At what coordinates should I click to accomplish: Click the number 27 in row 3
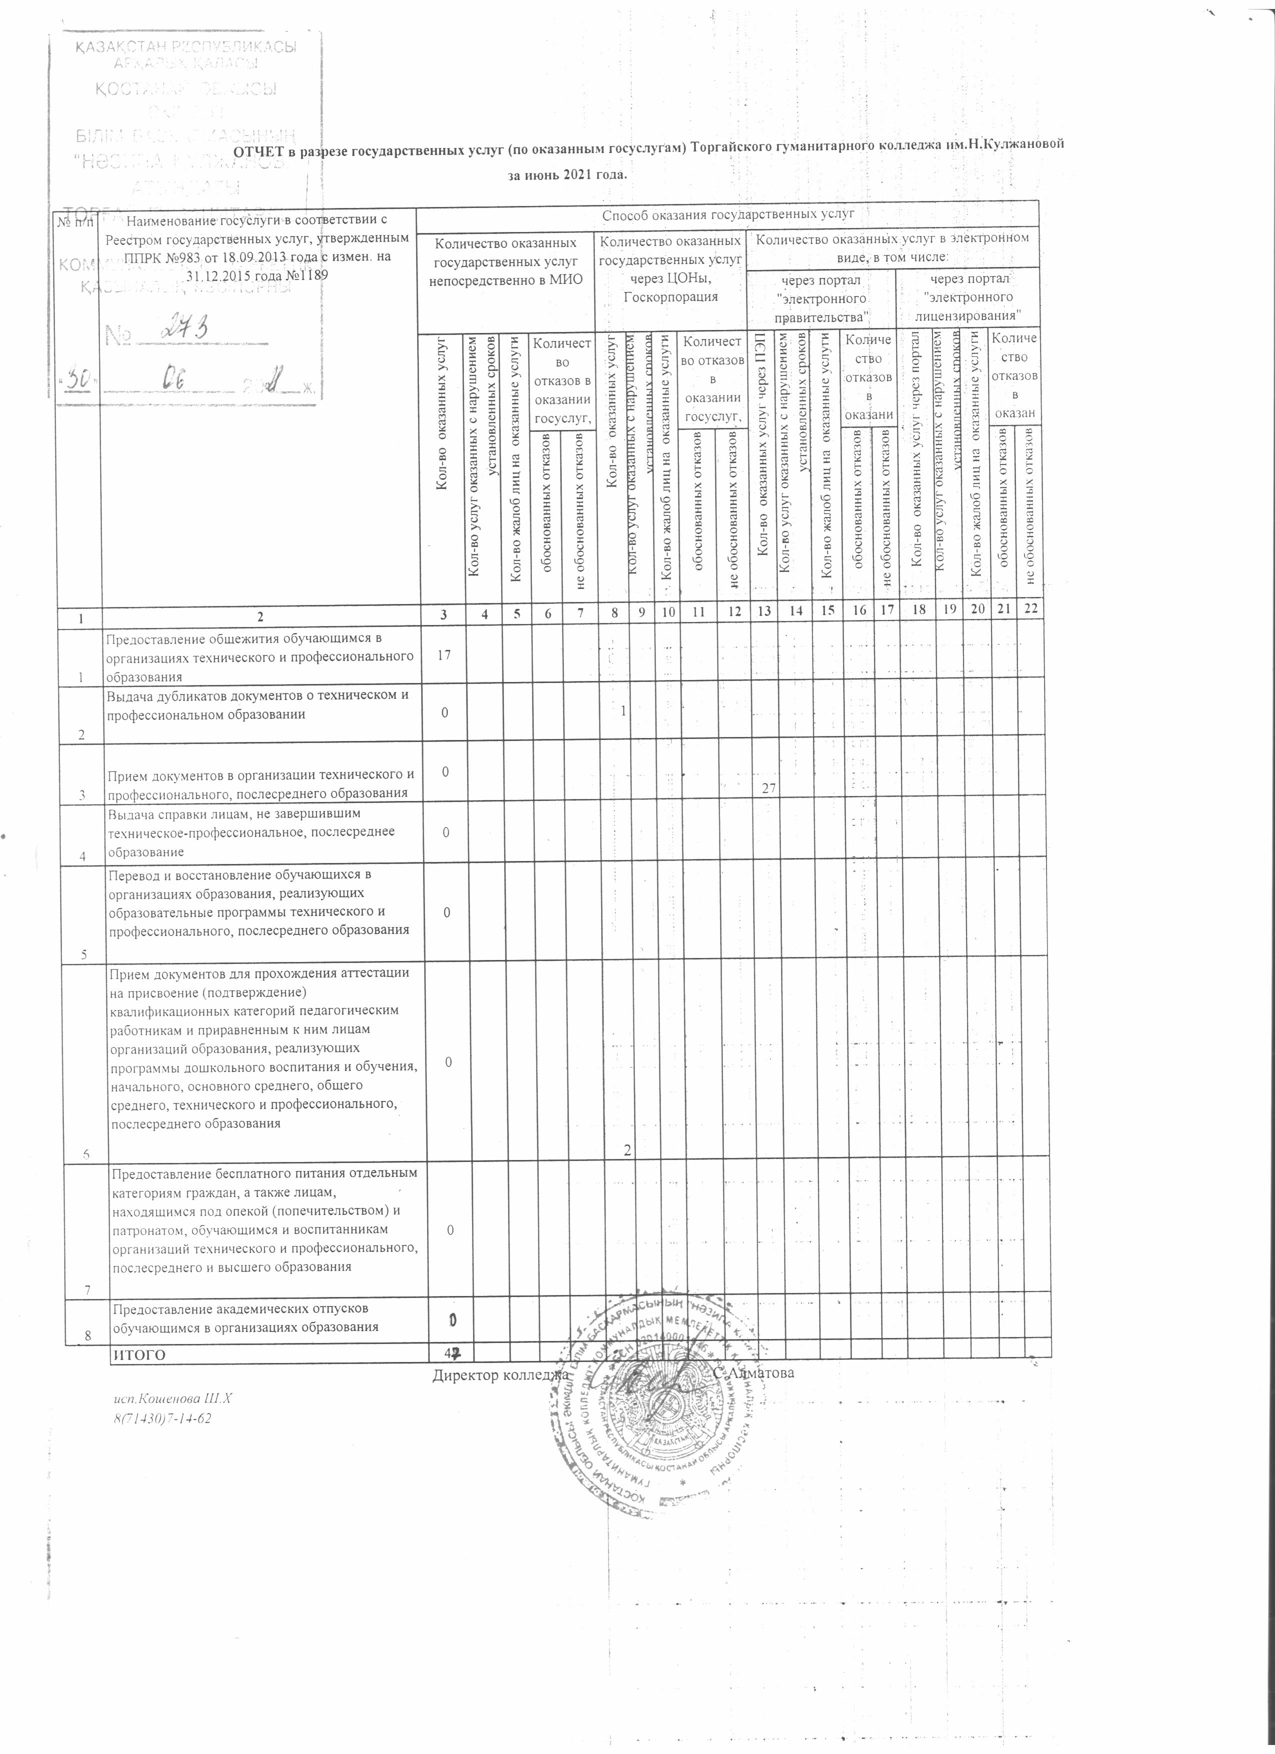tap(768, 787)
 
